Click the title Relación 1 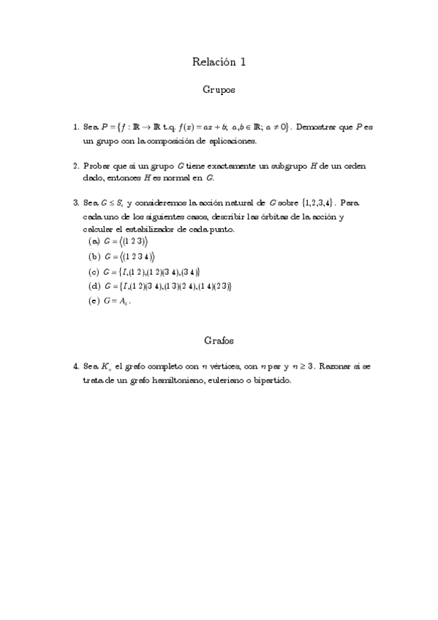click(x=219, y=62)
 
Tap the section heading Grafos click(x=219, y=340)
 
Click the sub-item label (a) click(x=94, y=241)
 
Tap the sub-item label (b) click(x=94, y=257)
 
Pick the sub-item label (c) click(x=94, y=272)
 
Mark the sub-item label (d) click(x=94, y=286)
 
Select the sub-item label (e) click(x=94, y=301)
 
